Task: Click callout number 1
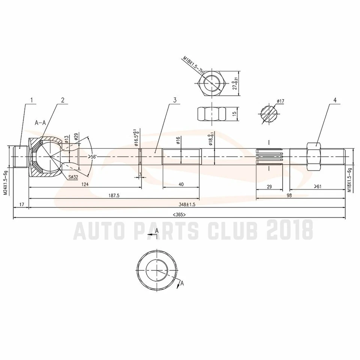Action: click(x=32, y=100)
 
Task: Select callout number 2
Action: click(x=63, y=100)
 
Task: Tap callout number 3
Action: click(x=175, y=100)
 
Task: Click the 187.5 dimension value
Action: click(x=114, y=195)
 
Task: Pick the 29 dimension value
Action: click(x=269, y=186)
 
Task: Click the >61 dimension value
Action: click(x=318, y=186)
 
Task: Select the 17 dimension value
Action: click(x=21, y=204)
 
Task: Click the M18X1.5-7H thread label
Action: click(x=193, y=66)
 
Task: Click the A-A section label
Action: click(x=40, y=123)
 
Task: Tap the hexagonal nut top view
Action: click(x=211, y=83)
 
